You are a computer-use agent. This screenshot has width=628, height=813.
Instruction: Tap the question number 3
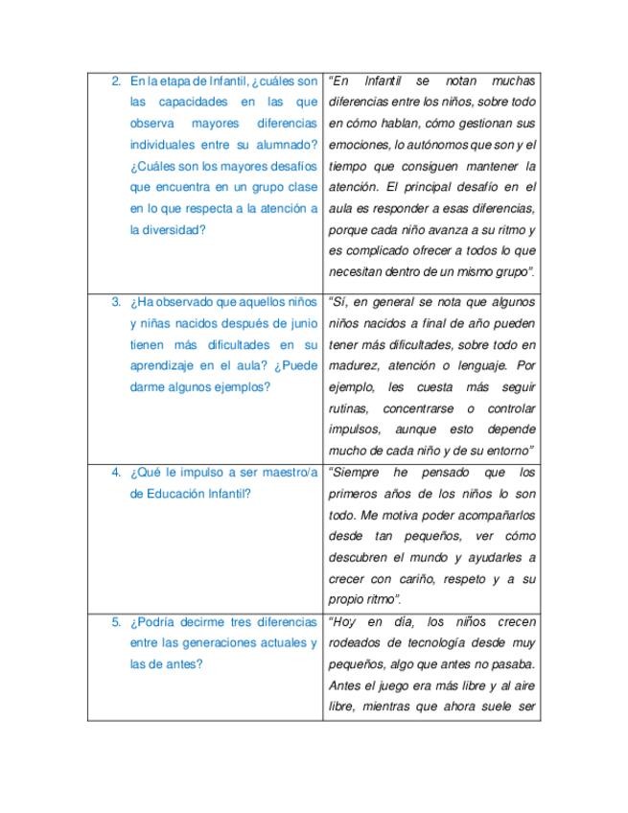pyautogui.click(x=115, y=302)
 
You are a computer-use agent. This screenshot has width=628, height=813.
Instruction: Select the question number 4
pyautogui.click(x=115, y=473)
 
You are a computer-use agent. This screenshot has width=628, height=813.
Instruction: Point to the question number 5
pyautogui.click(x=115, y=621)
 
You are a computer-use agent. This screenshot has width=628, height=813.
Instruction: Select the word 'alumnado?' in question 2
pyautogui.click(x=285, y=146)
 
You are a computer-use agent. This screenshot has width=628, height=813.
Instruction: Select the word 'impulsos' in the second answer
pyautogui.click(x=355, y=429)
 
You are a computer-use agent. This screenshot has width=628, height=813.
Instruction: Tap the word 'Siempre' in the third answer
pyautogui.click(x=358, y=473)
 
